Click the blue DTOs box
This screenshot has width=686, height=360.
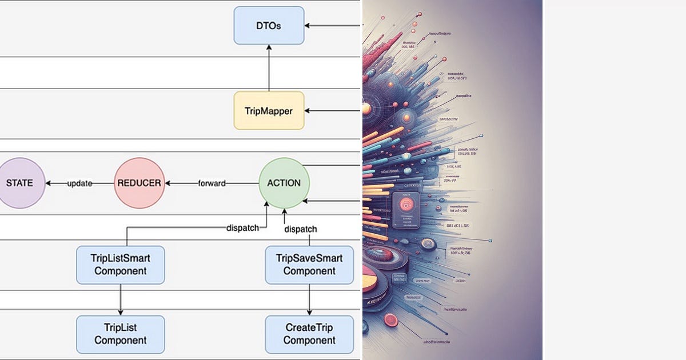click(269, 25)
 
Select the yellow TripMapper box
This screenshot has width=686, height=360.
click(269, 110)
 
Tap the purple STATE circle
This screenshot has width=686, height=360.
click(19, 183)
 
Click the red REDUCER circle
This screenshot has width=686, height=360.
click(139, 183)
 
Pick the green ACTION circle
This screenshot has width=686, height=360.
click(284, 183)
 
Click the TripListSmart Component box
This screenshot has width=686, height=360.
click(121, 265)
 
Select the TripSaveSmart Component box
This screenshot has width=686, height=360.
click(309, 265)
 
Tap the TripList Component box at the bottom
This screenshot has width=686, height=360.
click(121, 334)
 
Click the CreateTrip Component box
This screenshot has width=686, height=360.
click(309, 334)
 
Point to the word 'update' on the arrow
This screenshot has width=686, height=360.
click(80, 183)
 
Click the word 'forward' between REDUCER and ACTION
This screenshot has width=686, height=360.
click(212, 183)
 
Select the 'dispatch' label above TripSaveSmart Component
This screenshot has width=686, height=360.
click(301, 229)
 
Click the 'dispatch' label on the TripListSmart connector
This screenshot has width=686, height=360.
click(243, 227)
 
